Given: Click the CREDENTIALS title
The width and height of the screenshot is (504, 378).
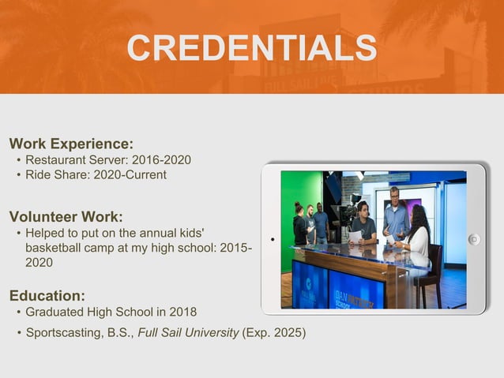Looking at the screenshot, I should click(252, 49).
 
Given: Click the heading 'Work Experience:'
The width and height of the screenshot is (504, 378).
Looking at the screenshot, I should click(71, 144).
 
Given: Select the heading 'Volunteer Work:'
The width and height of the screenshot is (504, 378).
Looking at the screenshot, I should click(66, 216).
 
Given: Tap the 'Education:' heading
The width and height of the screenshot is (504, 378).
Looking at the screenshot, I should click(47, 296).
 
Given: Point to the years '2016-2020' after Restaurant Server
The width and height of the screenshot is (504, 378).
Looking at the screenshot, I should click(161, 160).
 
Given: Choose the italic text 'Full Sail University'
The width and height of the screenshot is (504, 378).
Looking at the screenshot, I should click(188, 332).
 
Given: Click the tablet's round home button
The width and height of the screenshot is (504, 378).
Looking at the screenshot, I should click(474, 239).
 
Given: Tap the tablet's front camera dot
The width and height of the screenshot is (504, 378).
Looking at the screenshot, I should click(271, 239).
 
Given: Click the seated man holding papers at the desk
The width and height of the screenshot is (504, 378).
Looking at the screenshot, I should click(363, 223).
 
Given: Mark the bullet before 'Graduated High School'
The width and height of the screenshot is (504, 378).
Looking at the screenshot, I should click(18, 313).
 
